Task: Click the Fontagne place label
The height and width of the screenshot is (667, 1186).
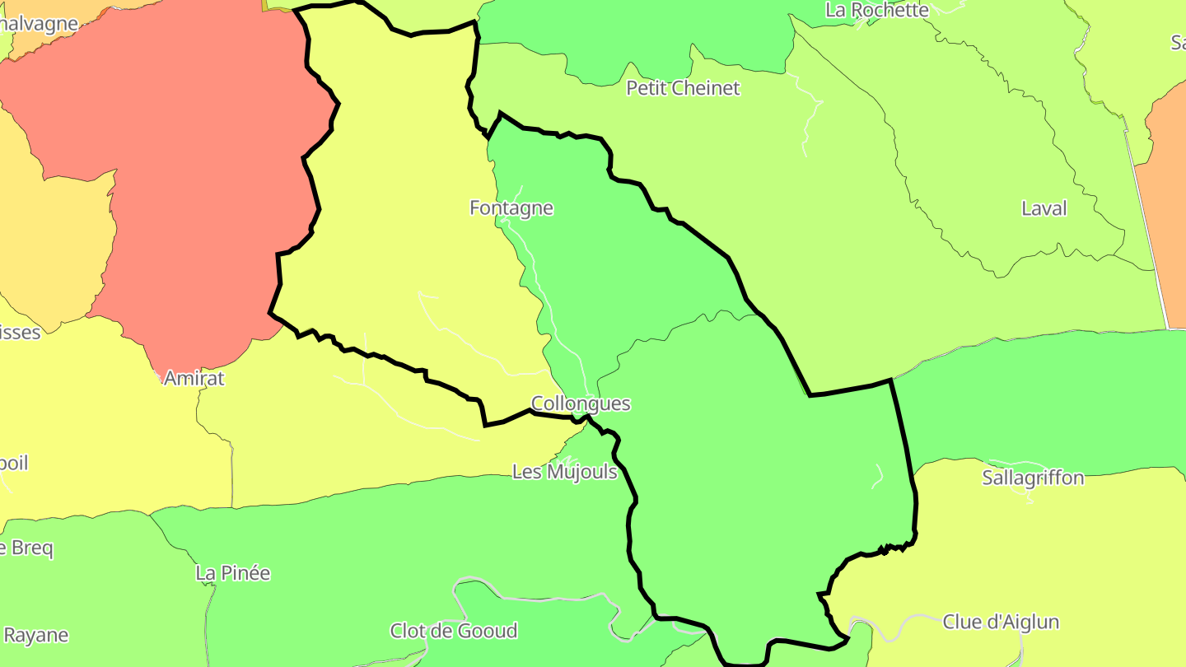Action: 511,208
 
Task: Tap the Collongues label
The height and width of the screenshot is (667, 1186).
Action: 581,403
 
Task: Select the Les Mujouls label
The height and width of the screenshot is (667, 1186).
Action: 564,472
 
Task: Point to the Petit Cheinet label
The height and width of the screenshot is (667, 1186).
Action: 683,88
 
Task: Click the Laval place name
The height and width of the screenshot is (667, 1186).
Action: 1044,208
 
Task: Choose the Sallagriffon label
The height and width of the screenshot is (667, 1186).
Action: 1033,478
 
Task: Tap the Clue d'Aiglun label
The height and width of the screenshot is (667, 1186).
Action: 1001,622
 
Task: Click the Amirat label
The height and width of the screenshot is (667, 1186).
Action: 194,379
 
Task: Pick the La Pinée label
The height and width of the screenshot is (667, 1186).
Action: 232,573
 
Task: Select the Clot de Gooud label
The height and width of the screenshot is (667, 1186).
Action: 454,632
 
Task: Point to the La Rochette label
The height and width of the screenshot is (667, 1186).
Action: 877,10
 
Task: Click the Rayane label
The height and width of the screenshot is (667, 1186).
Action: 35,636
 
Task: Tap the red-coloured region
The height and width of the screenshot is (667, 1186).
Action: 189,165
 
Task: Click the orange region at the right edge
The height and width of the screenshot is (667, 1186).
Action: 1165,206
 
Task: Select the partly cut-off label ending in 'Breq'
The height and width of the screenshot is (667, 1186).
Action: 26,548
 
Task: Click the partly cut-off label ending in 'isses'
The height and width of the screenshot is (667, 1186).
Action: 20,333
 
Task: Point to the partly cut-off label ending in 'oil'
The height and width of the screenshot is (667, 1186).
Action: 14,463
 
